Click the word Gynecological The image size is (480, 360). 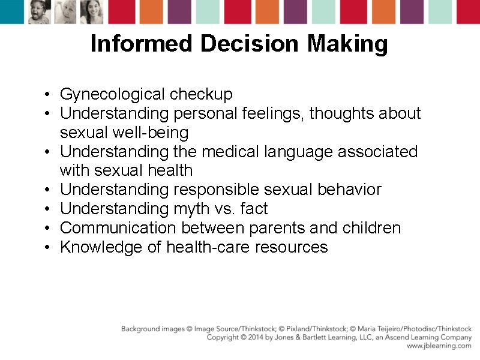coord(112,94)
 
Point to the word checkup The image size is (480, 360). coord(201,94)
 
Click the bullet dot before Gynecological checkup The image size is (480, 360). coord(46,95)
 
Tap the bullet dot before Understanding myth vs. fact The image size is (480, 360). coord(46,209)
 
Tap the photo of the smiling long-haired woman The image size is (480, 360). coord(92,11)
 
